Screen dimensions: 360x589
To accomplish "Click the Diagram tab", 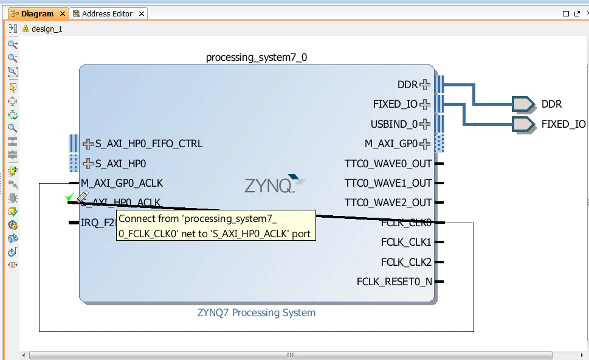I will coord(37,13).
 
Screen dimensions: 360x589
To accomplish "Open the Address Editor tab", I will coord(107,13).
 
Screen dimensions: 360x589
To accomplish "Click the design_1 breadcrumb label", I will coord(47,29).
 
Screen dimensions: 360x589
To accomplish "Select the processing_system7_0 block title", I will coord(257,58).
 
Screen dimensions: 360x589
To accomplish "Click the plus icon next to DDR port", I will coord(425,85).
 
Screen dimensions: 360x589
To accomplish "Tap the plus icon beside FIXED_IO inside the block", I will coord(425,105).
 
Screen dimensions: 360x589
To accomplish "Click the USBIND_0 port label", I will coord(394,124).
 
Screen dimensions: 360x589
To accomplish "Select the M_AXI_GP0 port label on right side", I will coord(391,144).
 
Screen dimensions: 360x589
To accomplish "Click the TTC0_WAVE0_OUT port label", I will coord(388,164).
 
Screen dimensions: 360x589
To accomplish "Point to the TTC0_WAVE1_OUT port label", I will coord(388,183).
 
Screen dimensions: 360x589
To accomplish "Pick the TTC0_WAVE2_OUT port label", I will coord(388,202).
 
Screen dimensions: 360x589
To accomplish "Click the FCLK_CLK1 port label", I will coord(406,242).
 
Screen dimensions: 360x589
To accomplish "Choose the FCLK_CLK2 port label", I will coord(406,262).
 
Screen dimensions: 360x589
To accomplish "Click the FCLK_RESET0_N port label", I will coord(394,282).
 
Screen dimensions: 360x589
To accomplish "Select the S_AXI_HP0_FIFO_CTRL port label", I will coord(149,144).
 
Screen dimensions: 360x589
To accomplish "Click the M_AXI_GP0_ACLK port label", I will coord(122,183).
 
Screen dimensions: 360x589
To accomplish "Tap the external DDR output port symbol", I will coord(522,105).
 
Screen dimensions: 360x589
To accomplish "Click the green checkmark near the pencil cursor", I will coord(70,196).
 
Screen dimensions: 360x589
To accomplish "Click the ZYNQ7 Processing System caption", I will coord(257,313).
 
